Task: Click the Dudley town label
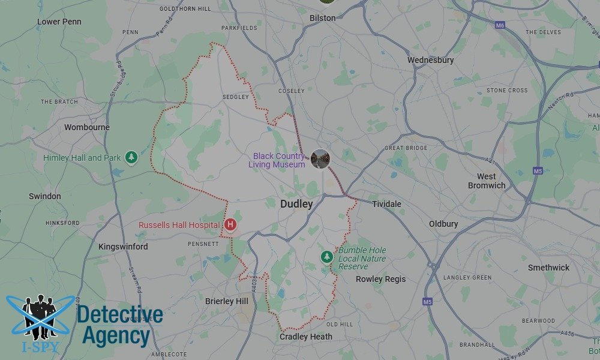click(x=296, y=204)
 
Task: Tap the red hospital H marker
click(x=230, y=225)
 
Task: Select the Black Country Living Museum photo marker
click(x=320, y=159)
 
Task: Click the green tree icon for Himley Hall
click(x=131, y=158)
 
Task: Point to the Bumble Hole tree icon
click(x=326, y=257)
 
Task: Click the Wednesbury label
click(x=430, y=60)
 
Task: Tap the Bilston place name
click(x=322, y=18)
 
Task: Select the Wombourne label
click(x=87, y=127)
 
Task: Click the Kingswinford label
click(x=123, y=247)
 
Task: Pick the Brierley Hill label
click(x=227, y=301)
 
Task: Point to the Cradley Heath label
click(x=306, y=337)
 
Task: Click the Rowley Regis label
click(x=380, y=279)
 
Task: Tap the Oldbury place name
click(x=443, y=224)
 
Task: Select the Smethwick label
click(x=548, y=268)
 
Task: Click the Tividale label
click(x=386, y=204)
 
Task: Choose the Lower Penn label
click(x=59, y=22)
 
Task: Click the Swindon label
click(x=45, y=196)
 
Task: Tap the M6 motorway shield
click(x=500, y=26)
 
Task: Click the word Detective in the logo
click(x=120, y=315)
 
